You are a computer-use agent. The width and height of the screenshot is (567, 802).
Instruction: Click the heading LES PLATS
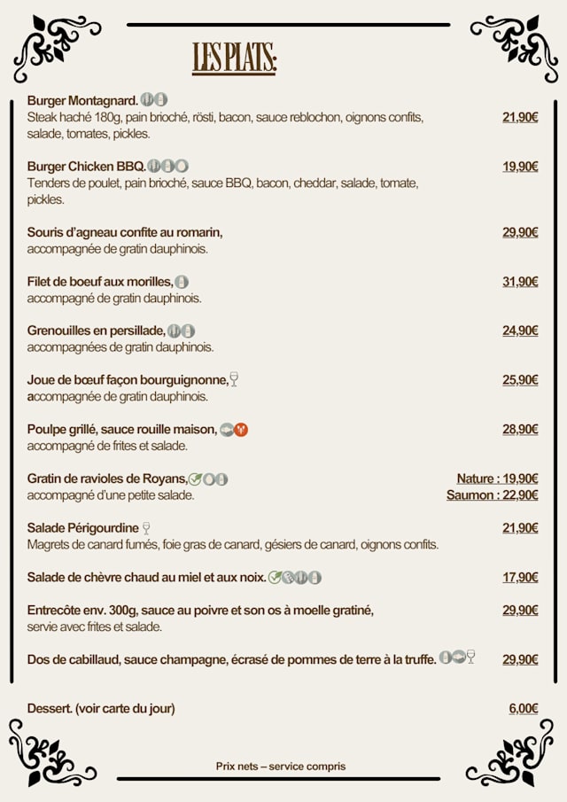[234, 58]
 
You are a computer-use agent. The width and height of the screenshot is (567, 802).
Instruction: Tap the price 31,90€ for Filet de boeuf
[520, 282]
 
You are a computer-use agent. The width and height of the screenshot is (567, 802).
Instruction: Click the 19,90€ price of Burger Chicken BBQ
[520, 167]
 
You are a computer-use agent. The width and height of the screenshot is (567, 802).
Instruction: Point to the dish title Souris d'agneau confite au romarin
[125, 232]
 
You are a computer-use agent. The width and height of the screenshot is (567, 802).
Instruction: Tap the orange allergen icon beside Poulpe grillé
[241, 430]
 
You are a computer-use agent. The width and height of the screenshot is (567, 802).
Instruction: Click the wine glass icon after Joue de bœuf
[234, 380]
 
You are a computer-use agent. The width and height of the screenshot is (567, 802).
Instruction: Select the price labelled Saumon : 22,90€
[492, 495]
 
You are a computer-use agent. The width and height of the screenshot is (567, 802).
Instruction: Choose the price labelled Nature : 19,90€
[497, 479]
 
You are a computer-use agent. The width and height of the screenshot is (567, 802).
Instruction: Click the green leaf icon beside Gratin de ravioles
[195, 479]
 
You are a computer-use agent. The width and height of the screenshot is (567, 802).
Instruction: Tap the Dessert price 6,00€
[523, 709]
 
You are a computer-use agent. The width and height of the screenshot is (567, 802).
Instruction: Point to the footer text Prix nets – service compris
[281, 767]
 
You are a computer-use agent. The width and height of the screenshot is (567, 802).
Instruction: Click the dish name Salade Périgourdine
[83, 528]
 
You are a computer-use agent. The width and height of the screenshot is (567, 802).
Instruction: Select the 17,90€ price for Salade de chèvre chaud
[520, 578]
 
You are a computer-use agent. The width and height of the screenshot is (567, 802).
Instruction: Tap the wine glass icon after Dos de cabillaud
[470, 658]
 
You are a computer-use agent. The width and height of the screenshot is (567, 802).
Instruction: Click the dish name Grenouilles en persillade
[96, 331]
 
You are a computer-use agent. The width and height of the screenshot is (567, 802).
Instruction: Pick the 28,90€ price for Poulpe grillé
[520, 430]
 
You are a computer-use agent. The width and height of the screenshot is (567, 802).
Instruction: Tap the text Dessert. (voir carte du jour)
[101, 709]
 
